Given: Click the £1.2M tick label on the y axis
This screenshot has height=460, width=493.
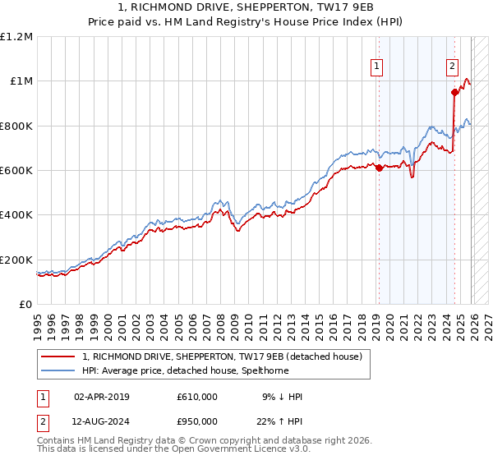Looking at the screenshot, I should tap(16, 36).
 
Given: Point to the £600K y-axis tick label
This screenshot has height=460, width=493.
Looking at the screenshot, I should tap(16, 170).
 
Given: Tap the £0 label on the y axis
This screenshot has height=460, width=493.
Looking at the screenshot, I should tap(25, 304).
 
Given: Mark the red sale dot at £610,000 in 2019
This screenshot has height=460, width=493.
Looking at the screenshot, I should tap(379, 168).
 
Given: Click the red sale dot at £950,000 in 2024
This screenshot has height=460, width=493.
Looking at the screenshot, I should tap(454, 92).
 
